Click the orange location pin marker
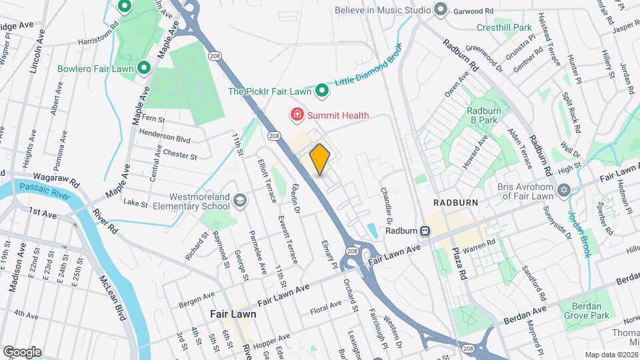tap(320, 159)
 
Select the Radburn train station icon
tap(424, 231)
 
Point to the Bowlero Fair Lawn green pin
tap(143, 68)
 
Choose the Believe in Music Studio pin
tap(440, 10)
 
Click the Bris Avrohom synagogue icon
tap(564, 191)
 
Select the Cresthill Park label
tap(504, 28)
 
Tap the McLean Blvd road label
tap(113, 298)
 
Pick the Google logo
tap(21, 352)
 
